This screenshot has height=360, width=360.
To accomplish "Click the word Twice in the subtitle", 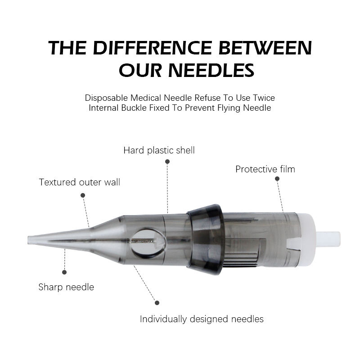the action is click(263, 98).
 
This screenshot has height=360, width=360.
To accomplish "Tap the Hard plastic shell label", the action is click(159, 150).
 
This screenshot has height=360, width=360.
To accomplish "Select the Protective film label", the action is click(265, 169).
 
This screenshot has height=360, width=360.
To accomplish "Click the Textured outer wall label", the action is click(80, 182).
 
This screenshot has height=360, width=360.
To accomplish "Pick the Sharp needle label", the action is click(66, 287).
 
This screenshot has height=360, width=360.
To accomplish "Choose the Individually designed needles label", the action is click(202, 319).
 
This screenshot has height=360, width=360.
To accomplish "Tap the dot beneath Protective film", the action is click(277, 179).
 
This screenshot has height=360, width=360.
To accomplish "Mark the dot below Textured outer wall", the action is click(83, 195).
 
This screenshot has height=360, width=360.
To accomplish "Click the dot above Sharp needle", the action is click(64, 272).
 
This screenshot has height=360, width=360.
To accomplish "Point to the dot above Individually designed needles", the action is click(157, 302).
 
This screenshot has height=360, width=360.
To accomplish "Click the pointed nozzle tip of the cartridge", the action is click(31, 239).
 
